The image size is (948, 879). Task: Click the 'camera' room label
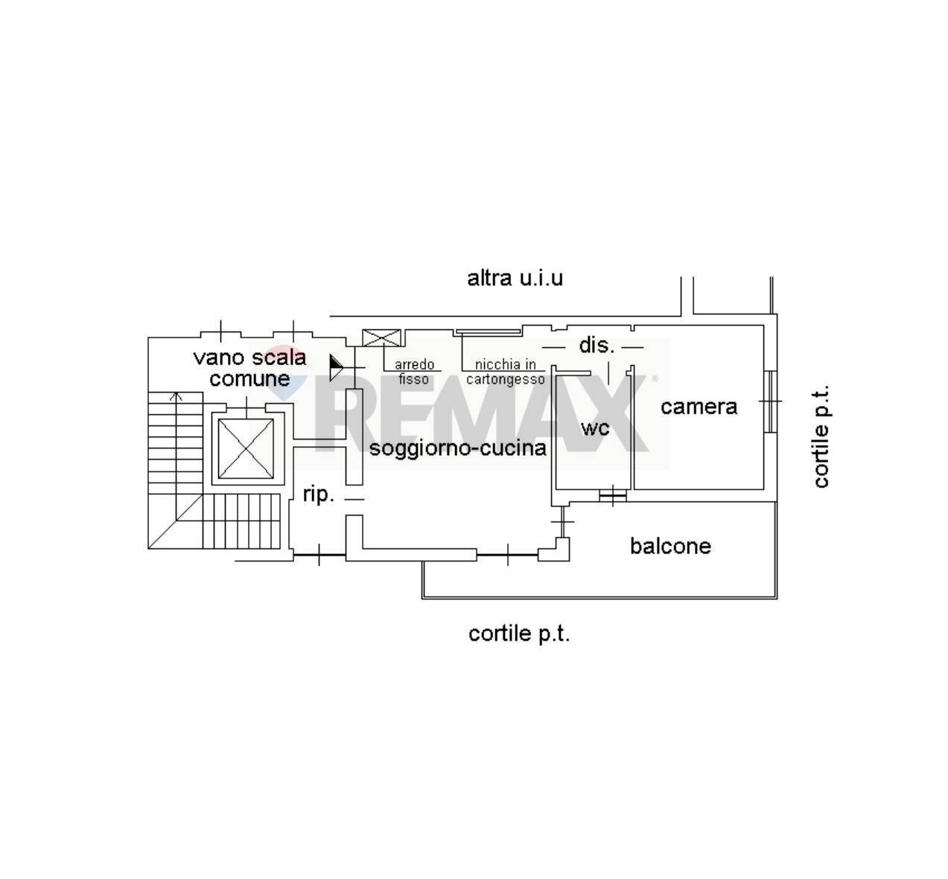tap(699, 407)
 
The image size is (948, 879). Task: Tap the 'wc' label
tap(595, 428)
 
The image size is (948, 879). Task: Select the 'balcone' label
tap(670, 546)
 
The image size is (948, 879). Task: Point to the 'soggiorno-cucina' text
tap(458, 448)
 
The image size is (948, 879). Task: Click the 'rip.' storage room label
tap(319, 495)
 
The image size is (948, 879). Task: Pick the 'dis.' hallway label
tap(597, 345)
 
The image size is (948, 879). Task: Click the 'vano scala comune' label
tap(249, 368)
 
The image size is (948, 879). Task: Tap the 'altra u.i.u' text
tap(515, 278)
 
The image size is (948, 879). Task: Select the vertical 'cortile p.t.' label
tap(821, 437)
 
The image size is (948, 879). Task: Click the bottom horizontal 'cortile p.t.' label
tap(519, 635)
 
